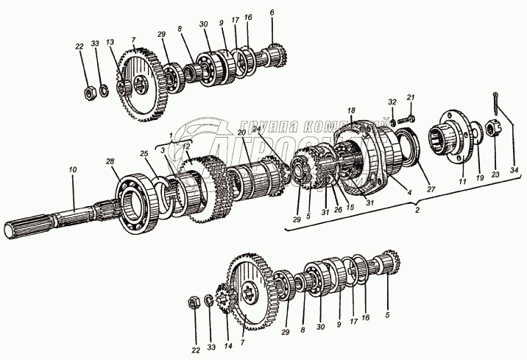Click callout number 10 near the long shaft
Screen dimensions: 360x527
[x=73, y=171]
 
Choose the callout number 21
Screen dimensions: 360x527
[x=411, y=97]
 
